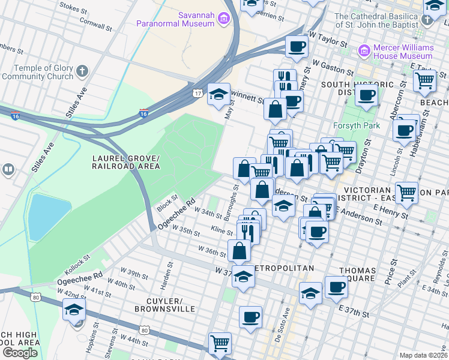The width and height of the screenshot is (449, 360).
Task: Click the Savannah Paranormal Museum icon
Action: point(223,19)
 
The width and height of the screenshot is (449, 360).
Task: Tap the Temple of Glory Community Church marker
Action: point(82,72)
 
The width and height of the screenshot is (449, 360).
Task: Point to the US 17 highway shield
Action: point(197,93)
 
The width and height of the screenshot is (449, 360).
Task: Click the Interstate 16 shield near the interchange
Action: point(143,112)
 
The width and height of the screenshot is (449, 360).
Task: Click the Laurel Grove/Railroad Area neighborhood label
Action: point(125,161)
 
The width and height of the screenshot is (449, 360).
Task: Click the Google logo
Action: point(20,353)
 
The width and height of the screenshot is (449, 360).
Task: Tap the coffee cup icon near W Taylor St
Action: point(297,46)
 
